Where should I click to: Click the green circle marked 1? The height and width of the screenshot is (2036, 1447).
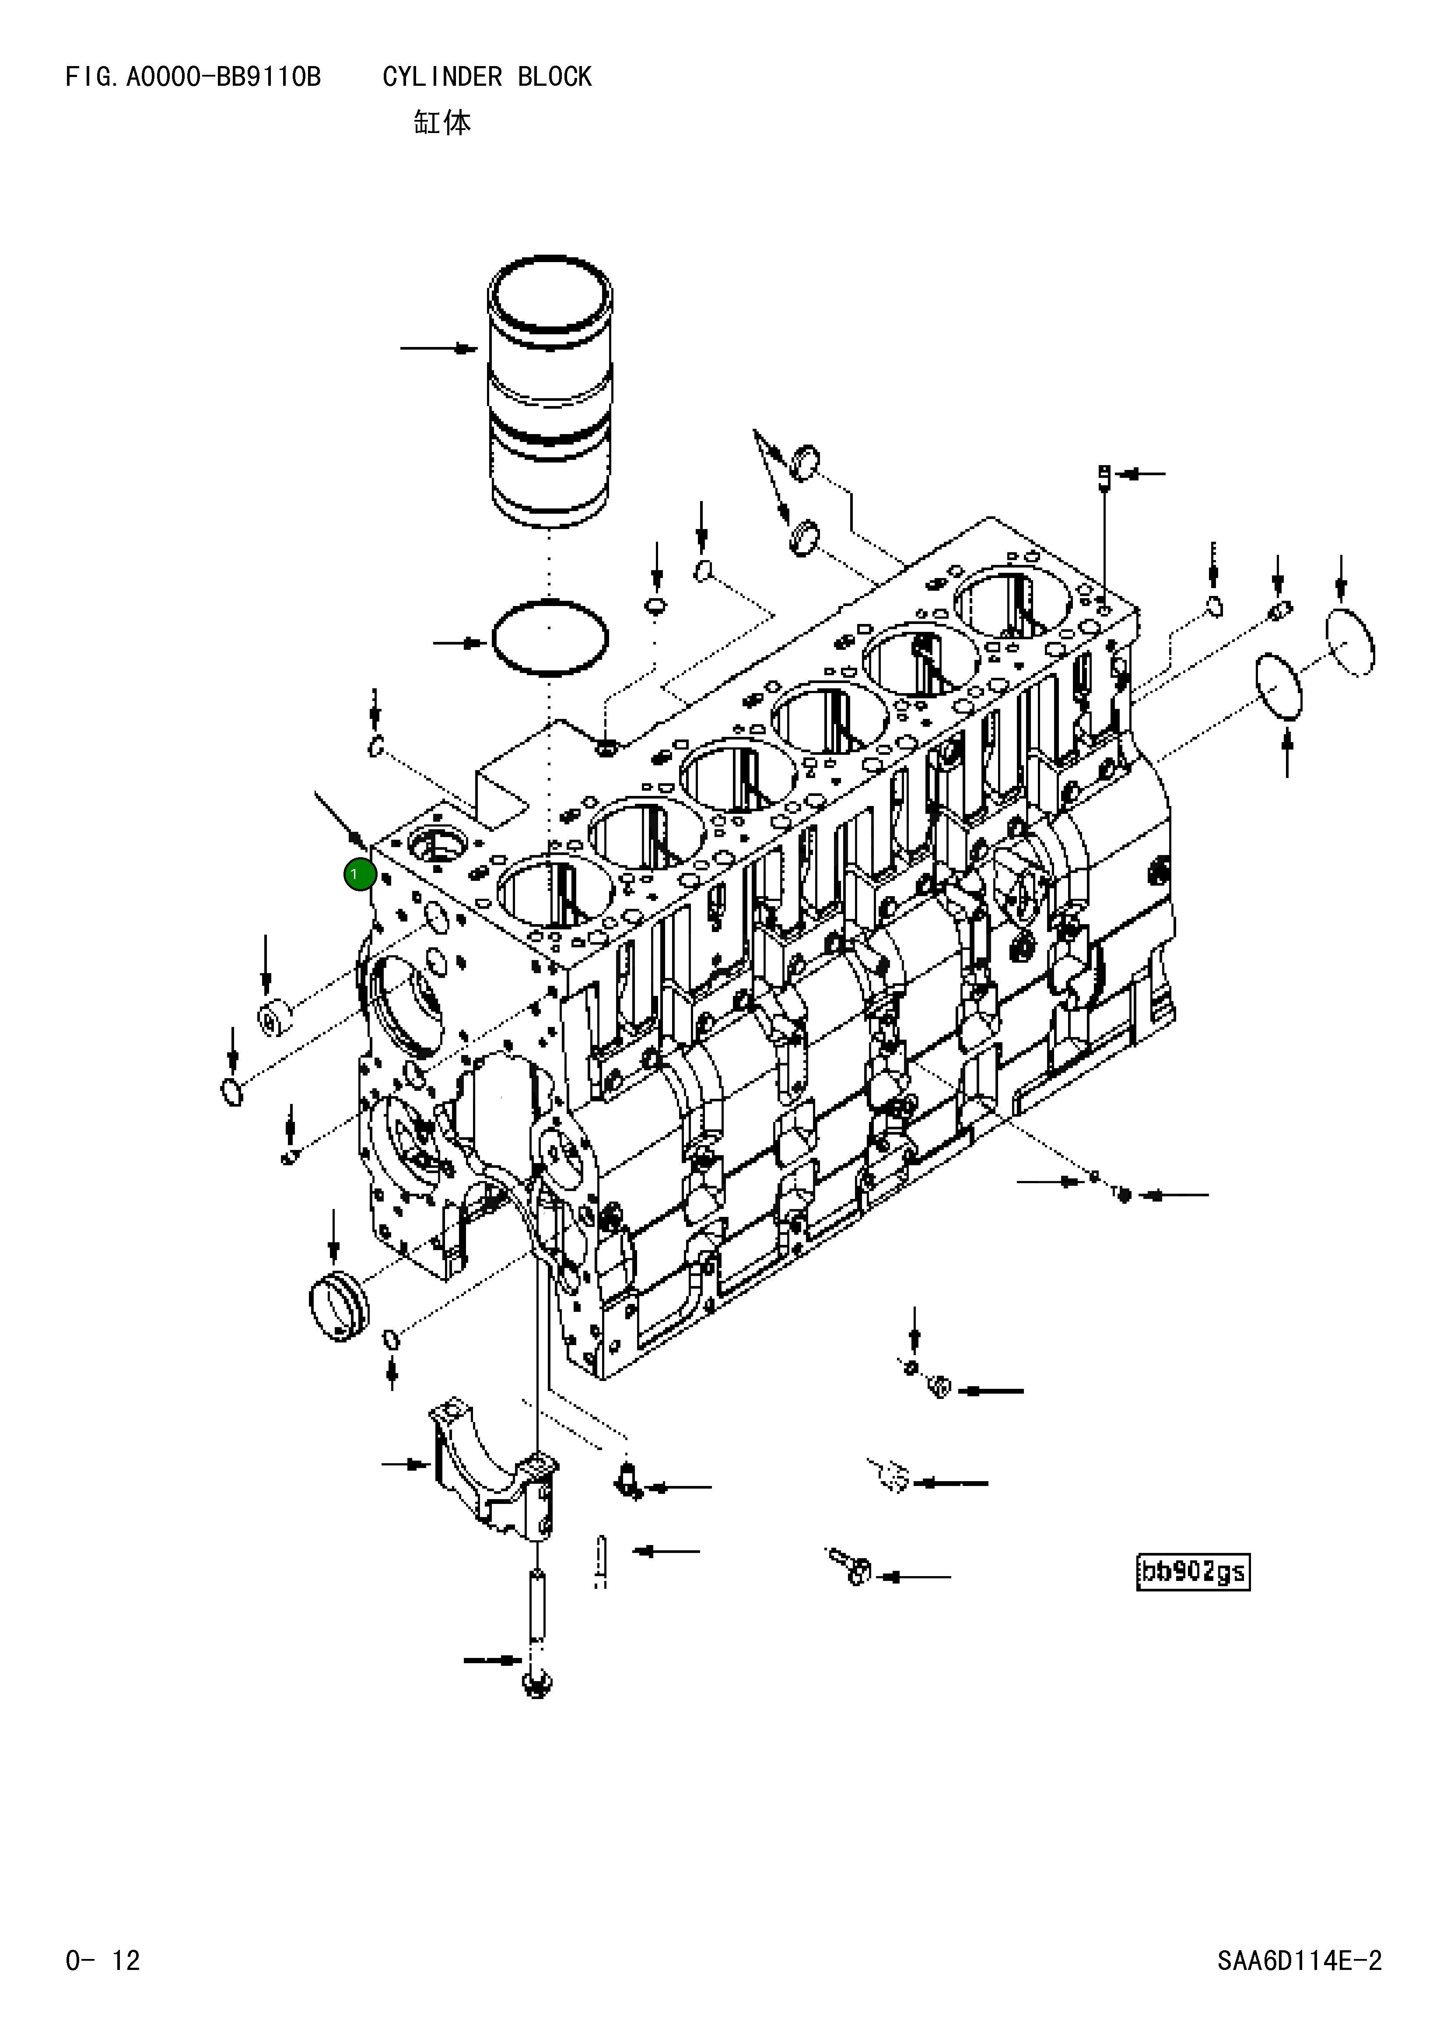(359, 875)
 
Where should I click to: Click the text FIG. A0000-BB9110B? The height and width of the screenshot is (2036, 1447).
(193, 77)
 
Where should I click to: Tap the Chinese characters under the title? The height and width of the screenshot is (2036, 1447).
(442, 122)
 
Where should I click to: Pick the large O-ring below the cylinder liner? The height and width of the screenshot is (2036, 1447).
(550, 638)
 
